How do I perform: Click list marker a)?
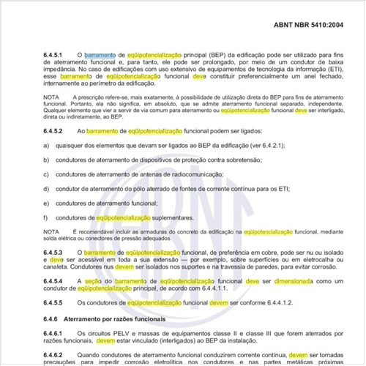(45, 146)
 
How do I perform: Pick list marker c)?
(45, 174)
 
